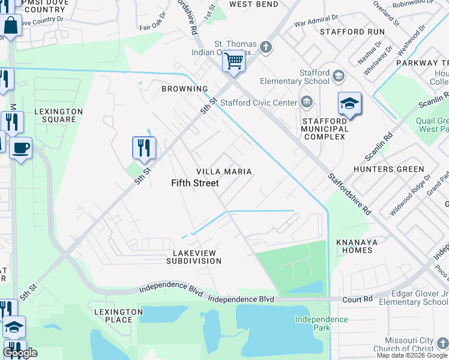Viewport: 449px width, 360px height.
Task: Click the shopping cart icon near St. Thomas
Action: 234,61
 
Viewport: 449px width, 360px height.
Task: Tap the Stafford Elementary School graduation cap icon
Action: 339,76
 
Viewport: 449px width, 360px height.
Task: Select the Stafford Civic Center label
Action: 259,103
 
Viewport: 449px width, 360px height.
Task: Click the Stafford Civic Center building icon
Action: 307,101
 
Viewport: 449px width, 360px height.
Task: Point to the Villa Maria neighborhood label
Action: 224,172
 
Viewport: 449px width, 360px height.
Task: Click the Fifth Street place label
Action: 195,183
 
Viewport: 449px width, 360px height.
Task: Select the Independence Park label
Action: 321,323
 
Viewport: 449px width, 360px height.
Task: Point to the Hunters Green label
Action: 389,169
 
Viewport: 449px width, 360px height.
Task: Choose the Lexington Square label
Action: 58,115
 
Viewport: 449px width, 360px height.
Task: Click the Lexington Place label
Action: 119,316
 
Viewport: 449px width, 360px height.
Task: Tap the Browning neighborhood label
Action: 184,89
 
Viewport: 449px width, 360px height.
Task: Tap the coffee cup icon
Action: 21,148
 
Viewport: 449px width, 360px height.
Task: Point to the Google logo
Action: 20,353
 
